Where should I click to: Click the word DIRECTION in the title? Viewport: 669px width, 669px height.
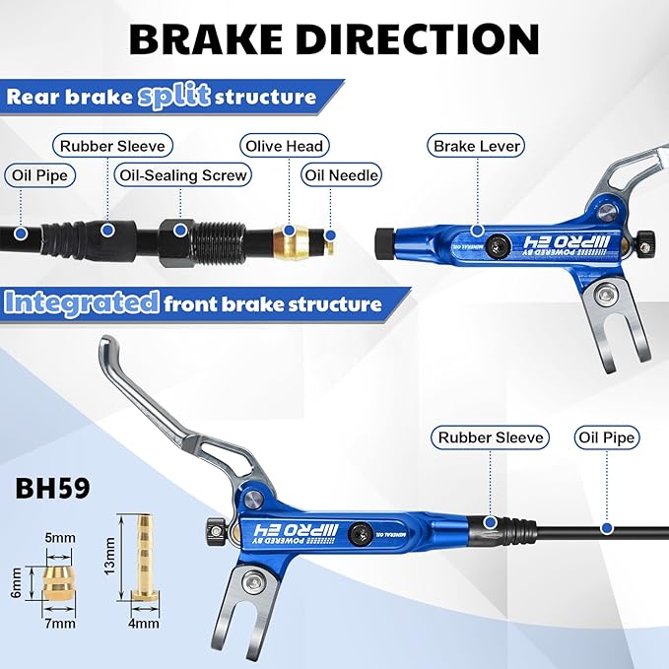(x=418, y=38)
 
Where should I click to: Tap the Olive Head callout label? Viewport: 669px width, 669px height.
(x=285, y=146)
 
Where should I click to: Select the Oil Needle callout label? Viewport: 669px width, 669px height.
(x=341, y=175)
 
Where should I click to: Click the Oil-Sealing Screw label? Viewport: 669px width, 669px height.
(x=183, y=175)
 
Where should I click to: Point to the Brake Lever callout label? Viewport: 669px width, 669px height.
(x=476, y=146)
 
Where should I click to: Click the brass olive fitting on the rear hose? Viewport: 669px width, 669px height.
(x=290, y=243)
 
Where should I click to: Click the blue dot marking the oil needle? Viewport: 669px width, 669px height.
(x=330, y=235)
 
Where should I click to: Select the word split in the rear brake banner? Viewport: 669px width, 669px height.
(x=173, y=97)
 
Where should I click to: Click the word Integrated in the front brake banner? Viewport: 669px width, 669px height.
(x=82, y=302)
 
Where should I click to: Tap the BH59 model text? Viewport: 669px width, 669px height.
(x=52, y=488)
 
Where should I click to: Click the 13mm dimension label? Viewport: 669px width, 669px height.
(x=109, y=556)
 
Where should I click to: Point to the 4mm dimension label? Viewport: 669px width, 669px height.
(x=144, y=624)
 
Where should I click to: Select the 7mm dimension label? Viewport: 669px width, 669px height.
(x=60, y=624)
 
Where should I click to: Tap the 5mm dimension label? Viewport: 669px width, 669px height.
(x=60, y=538)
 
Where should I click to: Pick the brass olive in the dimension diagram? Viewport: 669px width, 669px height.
(x=59, y=584)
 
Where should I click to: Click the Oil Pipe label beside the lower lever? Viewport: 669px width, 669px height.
(x=607, y=437)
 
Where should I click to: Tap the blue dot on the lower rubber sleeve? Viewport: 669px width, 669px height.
(x=491, y=522)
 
